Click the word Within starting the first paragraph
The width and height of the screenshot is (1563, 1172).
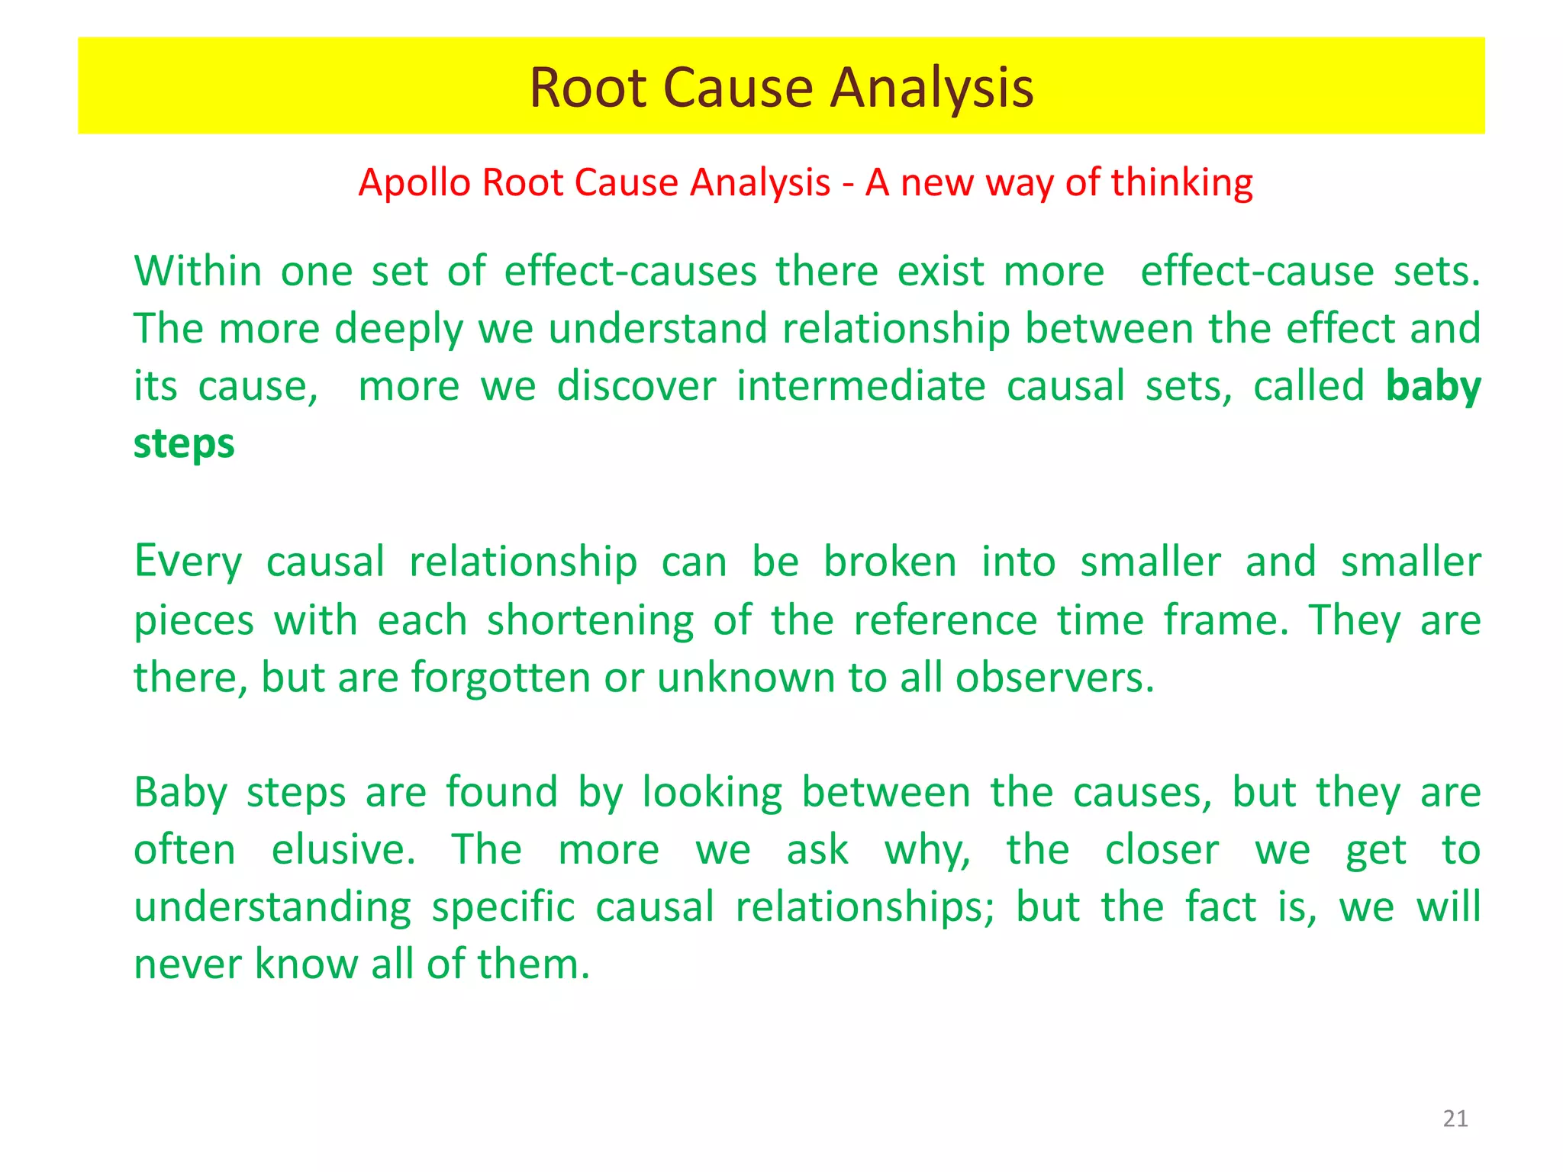coord(198,272)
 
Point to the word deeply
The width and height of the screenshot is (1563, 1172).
coord(398,330)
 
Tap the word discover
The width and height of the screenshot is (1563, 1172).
coord(636,386)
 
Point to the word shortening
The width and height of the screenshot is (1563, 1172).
coord(590,620)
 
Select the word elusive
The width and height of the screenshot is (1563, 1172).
coord(343,850)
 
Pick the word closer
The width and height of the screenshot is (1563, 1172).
coord(1162,850)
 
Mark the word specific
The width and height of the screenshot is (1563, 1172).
coord(503,908)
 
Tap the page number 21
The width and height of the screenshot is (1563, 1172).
coord(1455,1119)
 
